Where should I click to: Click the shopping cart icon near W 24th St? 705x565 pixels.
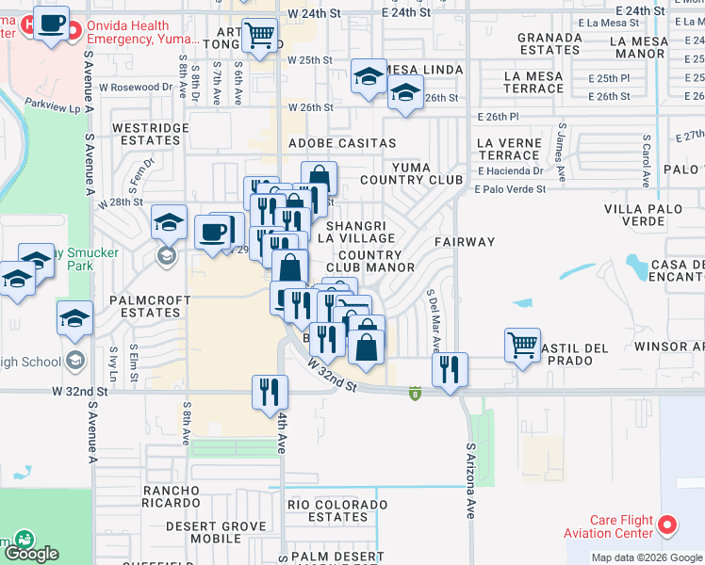(x=259, y=37)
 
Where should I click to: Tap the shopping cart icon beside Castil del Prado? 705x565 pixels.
(x=522, y=344)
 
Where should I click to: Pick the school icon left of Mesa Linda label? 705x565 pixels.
(x=369, y=76)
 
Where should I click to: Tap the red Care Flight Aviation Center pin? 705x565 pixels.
(x=668, y=524)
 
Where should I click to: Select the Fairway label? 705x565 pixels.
(x=465, y=242)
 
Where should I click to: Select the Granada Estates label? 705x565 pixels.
(x=549, y=43)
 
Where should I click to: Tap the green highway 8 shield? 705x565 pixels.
(x=414, y=392)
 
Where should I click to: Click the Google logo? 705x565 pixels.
(x=32, y=555)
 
